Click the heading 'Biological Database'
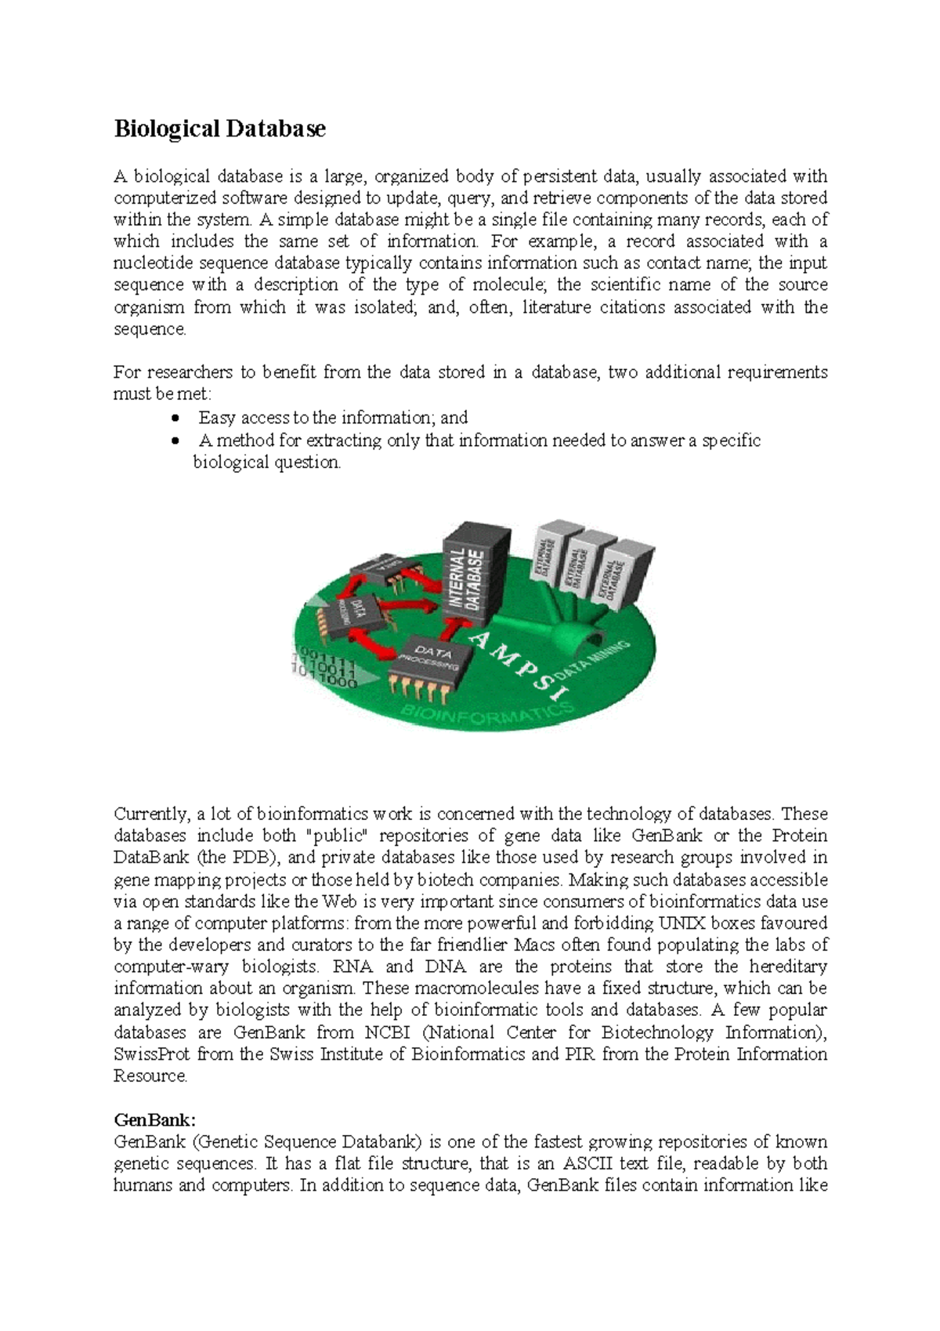[219, 129]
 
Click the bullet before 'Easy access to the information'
[175, 419]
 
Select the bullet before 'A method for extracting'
[175, 441]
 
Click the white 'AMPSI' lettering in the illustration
[517, 663]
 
